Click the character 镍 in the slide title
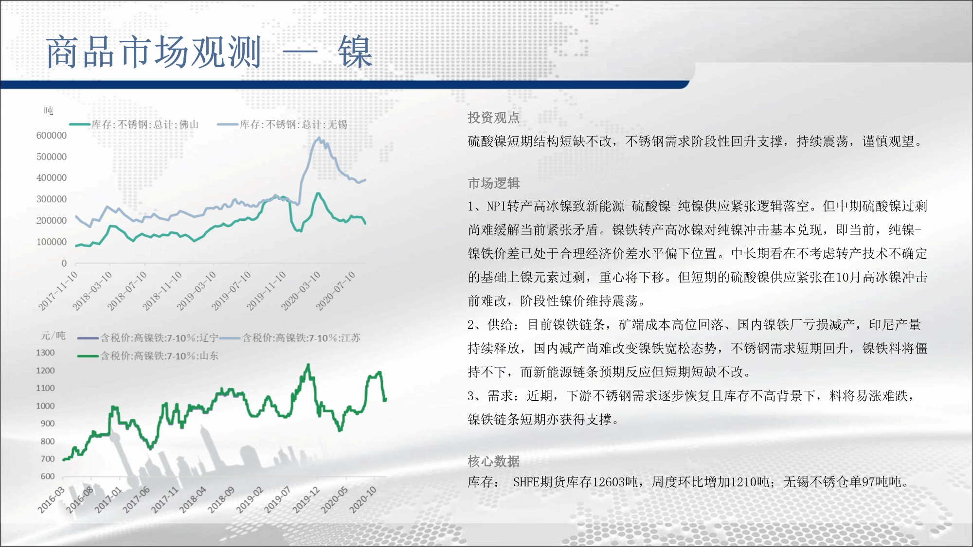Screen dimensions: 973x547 (x=355, y=52)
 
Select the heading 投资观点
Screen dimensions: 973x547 (x=494, y=118)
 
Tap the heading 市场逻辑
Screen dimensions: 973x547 (x=494, y=183)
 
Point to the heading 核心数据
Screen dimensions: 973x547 (x=494, y=461)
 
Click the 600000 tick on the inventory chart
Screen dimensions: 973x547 (x=52, y=136)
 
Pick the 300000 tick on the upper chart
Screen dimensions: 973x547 (x=52, y=199)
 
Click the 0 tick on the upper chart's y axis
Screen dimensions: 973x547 (x=64, y=263)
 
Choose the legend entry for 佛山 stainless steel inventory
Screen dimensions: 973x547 (x=134, y=124)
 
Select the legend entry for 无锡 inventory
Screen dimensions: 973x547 (x=283, y=124)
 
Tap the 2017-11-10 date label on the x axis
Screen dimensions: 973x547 (x=58, y=291)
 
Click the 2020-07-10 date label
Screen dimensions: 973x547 (x=336, y=291)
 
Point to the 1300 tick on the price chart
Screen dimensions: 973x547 (x=45, y=353)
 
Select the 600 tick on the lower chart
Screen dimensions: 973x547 (x=48, y=476)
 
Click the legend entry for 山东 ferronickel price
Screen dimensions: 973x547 (x=148, y=356)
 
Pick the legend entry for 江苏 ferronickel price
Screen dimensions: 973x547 (x=290, y=338)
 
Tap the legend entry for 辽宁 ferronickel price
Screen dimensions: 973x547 (x=148, y=338)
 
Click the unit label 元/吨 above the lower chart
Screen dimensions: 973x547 (x=53, y=335)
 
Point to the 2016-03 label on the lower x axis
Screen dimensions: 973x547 (x=52, y=500)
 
